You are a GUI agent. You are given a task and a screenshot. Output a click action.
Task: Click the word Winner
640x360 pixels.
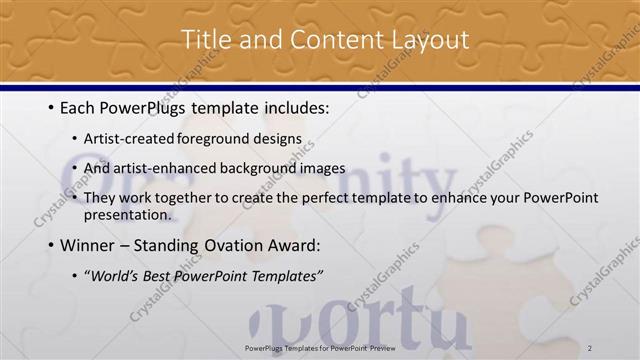pos(89,245)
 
